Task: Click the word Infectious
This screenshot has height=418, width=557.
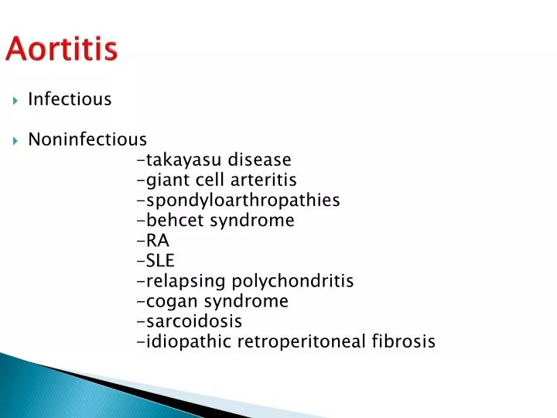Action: coord(70,99)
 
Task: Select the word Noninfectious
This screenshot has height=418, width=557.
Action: coord(87,139)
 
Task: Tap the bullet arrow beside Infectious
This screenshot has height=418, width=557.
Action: coord(15,100)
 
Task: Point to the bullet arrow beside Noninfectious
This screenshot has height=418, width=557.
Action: coord(15,140)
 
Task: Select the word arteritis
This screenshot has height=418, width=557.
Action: coord(261,180)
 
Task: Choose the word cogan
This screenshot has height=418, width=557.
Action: coord(169,301)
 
